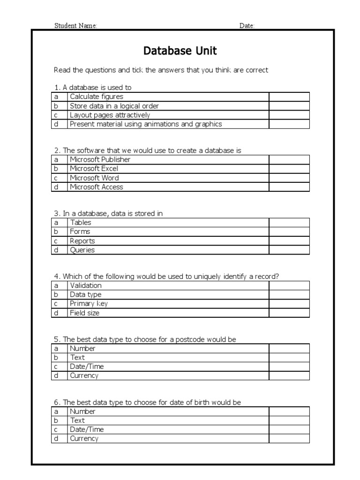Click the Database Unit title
(180, 51)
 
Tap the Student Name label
(75, 26)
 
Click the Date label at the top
(247, 26)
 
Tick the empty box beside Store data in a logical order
(289, 106)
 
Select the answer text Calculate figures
(97, 97)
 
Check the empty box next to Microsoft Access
(289, 187)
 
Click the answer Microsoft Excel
(94, 169)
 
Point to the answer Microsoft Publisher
(100, 159)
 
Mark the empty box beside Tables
(289, 223)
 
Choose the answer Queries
(82, 250)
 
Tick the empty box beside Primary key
(289, 304)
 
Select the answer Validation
(86, 285)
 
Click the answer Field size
(84, 313)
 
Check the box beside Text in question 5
(289, 357)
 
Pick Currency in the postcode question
(84, 375)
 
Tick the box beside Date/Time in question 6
(289, 429)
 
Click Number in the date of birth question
(82, 411)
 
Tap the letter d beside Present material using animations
(56, 124)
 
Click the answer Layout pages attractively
(110, 115)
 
